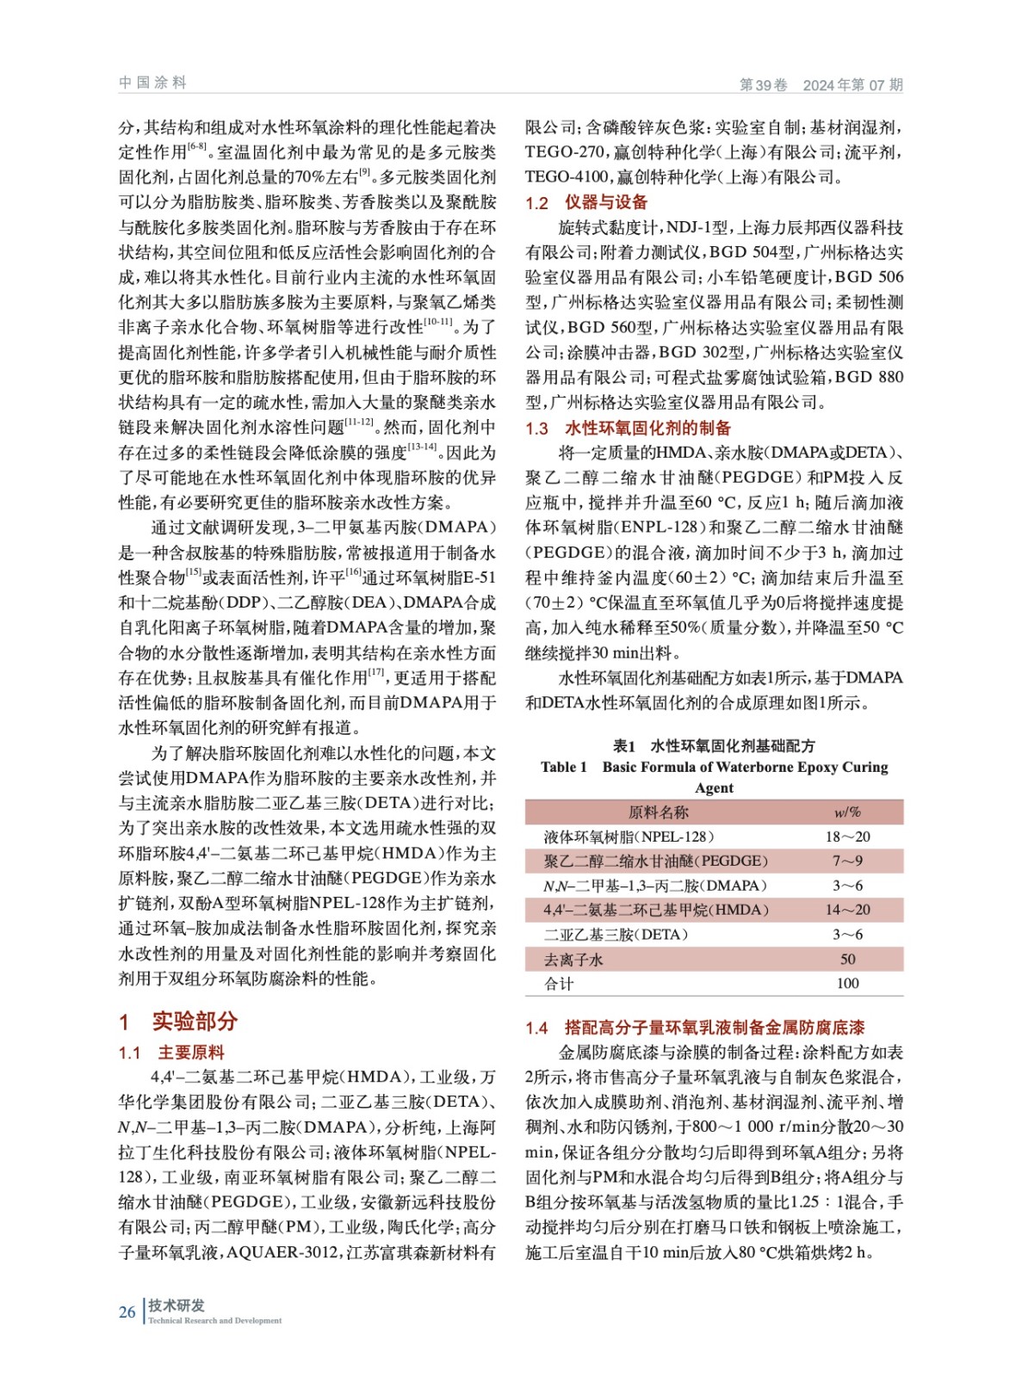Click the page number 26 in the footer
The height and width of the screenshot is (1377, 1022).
tap(127, 1312)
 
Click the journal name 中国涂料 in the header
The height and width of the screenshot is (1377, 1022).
tap(153, 83)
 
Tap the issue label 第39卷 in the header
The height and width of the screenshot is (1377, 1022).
tap(764, 84)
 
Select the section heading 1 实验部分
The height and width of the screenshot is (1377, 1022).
tap(178, 1021)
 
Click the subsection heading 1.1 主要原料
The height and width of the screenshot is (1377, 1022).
tap(171, 1052)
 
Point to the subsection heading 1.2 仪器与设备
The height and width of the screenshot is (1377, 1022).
tap(586, 202)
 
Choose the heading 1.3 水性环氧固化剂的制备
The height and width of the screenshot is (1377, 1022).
tap(628, 428)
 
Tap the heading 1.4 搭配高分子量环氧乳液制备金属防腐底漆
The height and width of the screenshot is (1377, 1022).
tap(695, 1027)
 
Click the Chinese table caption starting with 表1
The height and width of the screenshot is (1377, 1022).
tap(714, 745)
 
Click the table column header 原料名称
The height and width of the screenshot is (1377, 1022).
tap(659, 812)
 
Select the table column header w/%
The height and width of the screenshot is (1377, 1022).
tap(847, 812)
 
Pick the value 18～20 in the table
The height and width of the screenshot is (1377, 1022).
tap(847, 837)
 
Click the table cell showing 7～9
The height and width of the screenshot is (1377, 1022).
tap(847, 861)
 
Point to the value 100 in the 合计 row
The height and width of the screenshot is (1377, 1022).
tap(847, 983)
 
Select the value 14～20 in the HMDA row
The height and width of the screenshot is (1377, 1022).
tap(847, 910)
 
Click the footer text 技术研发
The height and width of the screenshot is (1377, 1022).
tap(177, 1306)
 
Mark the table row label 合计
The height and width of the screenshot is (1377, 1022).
tap(559, 983)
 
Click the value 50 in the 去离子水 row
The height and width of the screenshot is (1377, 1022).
tap(847, 959)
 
